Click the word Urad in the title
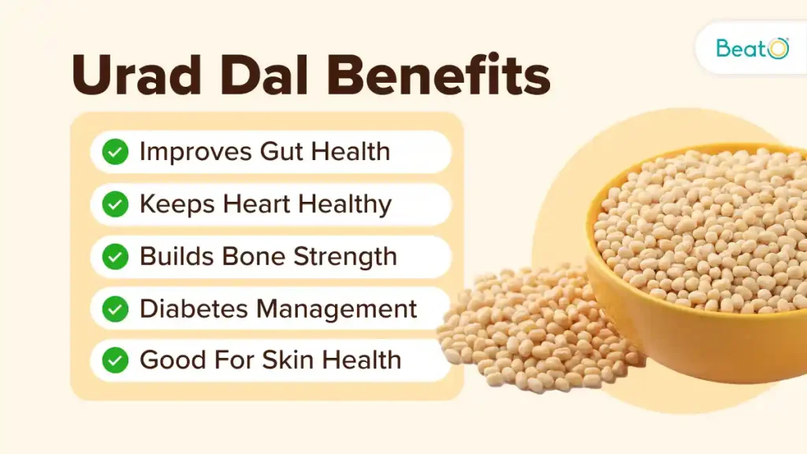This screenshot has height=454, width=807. [136, 75]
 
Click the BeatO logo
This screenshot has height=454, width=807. [752, 48]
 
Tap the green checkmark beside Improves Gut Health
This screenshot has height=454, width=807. [115, 152]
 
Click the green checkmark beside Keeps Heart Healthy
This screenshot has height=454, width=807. [115, 204]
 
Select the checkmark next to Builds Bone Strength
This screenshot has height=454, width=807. [115, 256]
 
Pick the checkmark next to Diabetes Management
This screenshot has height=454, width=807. [115, 309]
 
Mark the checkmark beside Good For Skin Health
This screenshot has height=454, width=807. [115, 359]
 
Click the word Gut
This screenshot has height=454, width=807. [282, 151]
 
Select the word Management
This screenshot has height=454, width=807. [337, 309]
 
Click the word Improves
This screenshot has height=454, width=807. [196, 152]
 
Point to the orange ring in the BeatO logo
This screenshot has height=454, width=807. [779, 49]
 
